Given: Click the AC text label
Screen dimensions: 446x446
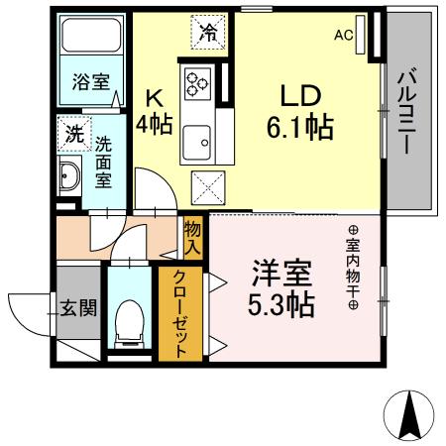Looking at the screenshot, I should pyautogui.click(x=343, y=36).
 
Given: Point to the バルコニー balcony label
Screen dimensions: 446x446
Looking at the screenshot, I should pyautogui.click(x=406, y=110).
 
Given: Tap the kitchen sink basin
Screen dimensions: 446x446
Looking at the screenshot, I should pyautogui.click(x=197, y=139).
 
